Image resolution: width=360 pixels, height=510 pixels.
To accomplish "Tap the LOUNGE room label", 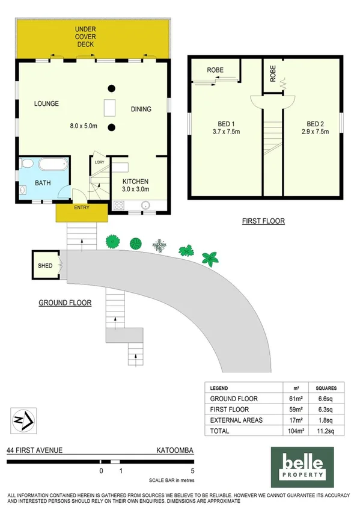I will [x=46, y=104].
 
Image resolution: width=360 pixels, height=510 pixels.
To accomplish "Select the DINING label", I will [x=141, y=109].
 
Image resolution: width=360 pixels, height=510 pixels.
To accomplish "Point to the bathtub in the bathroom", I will [x=53, y=165].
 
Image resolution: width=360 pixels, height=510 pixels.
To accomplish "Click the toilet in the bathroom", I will [x=26, y=164].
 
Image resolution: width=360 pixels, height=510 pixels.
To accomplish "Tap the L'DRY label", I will [x=100, y=161].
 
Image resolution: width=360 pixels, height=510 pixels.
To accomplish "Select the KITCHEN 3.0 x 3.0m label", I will [x=135, y=185].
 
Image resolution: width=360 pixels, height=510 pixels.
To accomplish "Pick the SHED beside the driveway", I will [x=45, y=266].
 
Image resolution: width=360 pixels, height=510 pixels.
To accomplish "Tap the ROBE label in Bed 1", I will [x=215, y=70].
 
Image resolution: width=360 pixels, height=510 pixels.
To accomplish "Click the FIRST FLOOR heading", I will [x=263, y=221].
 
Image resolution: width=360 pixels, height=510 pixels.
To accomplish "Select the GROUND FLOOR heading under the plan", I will [x=65, y=303].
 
